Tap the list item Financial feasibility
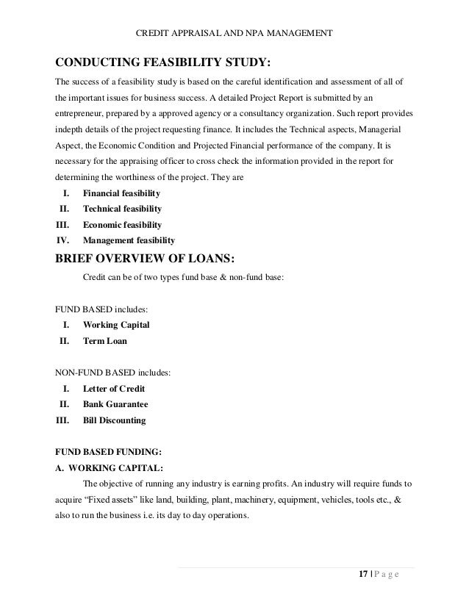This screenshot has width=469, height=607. tap(121, 193)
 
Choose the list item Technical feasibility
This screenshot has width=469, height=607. tap(122, 209)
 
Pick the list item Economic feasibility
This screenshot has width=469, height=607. tap(122, 224)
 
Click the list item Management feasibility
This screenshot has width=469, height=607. tap(129, 240)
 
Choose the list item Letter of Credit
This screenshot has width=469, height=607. tap(114, 388)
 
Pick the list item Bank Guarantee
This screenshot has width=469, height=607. tap(115, 404)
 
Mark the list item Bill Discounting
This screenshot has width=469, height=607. tap(114, 420)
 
